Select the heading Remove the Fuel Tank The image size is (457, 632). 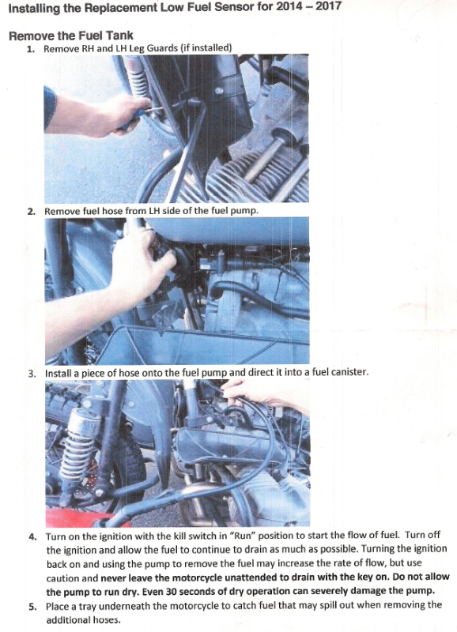tap(70, 36)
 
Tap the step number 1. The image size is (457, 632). tap(30, 48)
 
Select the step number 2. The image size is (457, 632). tap(30, 212)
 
